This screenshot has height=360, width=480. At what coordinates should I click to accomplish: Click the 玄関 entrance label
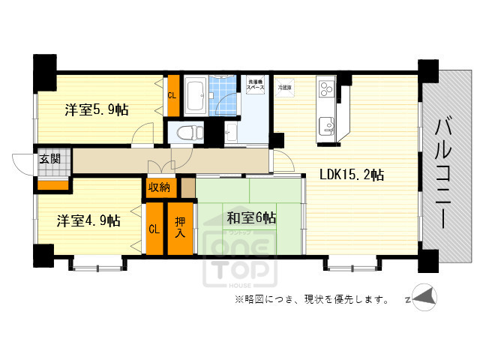[x=51, y=159]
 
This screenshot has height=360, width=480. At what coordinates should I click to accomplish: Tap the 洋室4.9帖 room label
[x=88, y=220]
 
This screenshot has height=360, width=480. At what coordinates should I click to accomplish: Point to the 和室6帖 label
[x=251, y=218]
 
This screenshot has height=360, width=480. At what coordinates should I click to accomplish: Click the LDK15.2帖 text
[x=352, y=175]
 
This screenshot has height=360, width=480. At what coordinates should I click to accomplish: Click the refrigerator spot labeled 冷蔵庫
[x=284, y=86]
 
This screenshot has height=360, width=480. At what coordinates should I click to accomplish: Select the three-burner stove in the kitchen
[x=328, y=89]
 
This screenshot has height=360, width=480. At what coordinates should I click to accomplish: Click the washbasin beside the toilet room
[x=230, y=134]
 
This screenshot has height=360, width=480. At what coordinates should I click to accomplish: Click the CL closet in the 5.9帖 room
[x=172, y=95]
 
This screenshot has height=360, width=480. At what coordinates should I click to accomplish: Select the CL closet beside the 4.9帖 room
[x=154, y=229]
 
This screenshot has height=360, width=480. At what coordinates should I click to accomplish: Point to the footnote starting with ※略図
[x=310, y=300]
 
